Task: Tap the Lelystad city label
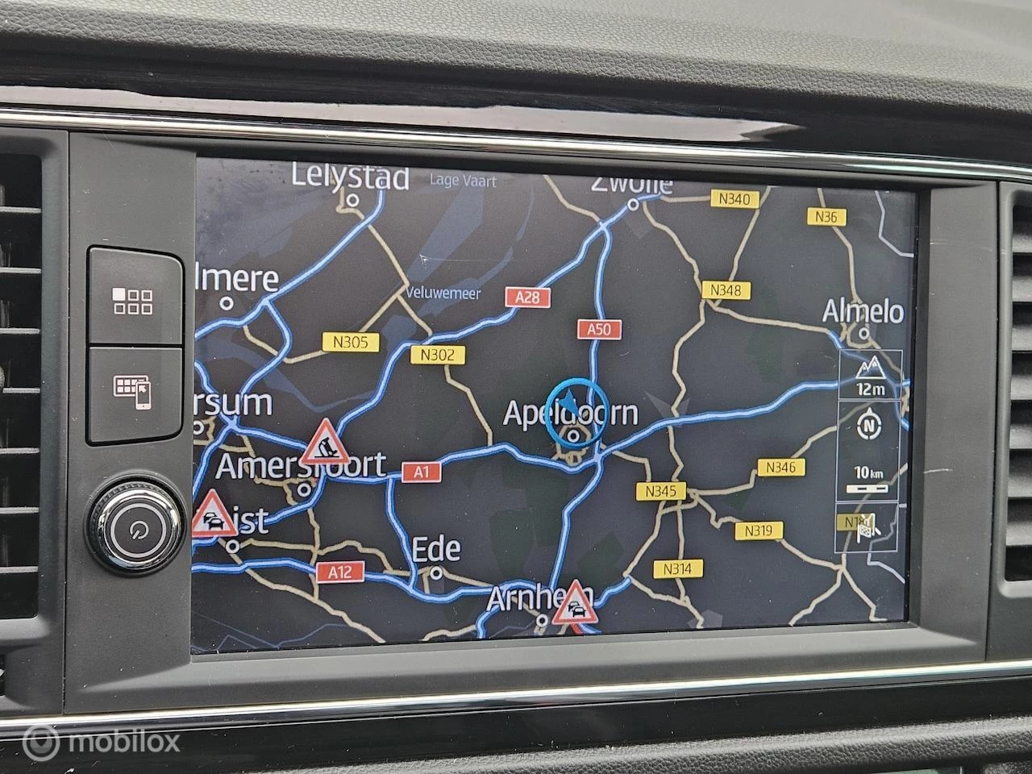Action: [350, 177]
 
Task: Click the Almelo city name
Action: [863, 311]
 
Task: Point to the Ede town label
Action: [436, 550]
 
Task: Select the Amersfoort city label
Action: [301, 465]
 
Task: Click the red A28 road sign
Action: [527, 297]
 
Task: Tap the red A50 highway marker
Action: [598, 329]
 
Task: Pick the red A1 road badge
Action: [422, 472]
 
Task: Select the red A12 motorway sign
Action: [340, 572]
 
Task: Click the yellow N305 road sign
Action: [350, 342]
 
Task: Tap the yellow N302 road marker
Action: [438, 355]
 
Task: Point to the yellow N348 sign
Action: [726, 289]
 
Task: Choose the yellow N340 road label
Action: [732, 199]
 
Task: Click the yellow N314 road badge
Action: [677, 568]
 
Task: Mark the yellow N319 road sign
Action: [759, 530]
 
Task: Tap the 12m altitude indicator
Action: [870, 376]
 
